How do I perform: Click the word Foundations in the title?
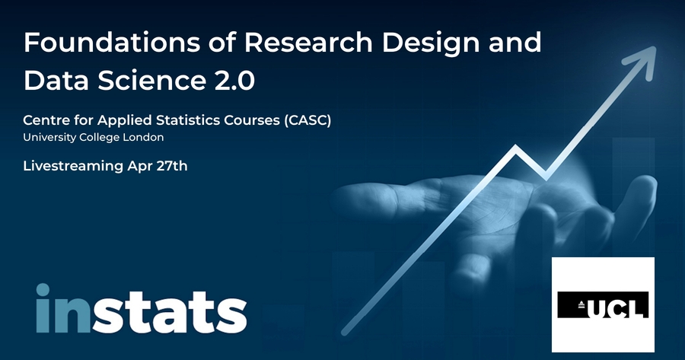[x=112, y=42]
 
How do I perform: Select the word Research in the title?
[x=308, y=42]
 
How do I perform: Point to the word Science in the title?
[x=151, y=81]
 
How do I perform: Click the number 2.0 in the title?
[x=234, y=81]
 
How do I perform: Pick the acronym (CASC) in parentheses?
[x=307, y=120]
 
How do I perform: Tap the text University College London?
[x=94, y=137]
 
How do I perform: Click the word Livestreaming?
[x=73, y=166]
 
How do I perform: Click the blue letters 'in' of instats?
[x=63, y=308]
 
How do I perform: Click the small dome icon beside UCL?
[x=581, y=305]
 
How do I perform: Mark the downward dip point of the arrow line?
[x=545, y=177]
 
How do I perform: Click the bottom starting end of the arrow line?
[x=344, y=333]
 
